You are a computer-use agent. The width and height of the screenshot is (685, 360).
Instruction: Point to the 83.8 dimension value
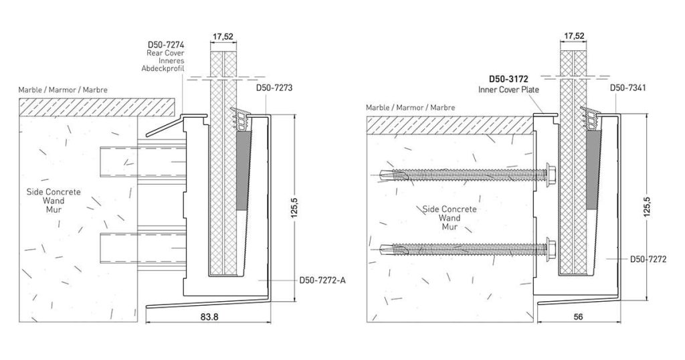[209, 317]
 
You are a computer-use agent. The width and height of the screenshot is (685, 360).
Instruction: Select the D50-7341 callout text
[627, 88]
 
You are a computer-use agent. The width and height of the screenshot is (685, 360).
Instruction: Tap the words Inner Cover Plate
[509, 89]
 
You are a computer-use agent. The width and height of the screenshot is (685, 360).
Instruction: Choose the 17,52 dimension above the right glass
[574, 36]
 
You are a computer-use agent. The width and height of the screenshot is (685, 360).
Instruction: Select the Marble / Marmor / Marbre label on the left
[64, 90]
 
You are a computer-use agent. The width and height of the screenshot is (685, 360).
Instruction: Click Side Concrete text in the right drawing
[450, 209]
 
